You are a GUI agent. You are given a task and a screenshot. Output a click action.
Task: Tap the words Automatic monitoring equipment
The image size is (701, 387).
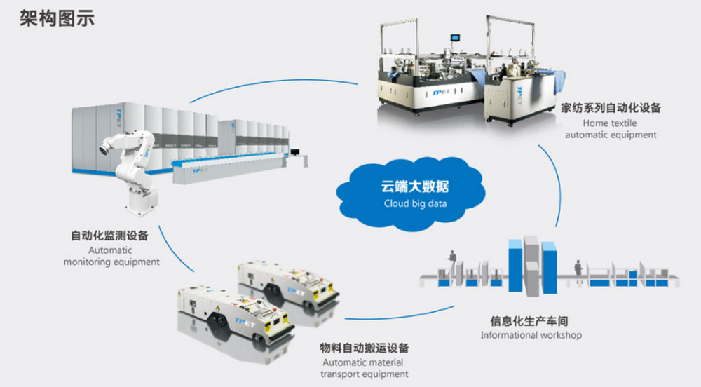click(111, 256)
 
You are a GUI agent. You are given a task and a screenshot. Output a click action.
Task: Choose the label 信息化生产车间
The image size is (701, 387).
click(529, 321)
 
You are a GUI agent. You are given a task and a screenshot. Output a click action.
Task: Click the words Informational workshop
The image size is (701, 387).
click(531, 335)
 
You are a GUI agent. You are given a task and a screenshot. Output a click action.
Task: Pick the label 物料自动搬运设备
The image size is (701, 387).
click(365, 348)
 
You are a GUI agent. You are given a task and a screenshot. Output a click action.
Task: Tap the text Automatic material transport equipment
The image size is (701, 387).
click(365, 368)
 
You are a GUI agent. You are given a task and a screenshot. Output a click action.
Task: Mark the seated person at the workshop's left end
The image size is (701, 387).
click(452, 264)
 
